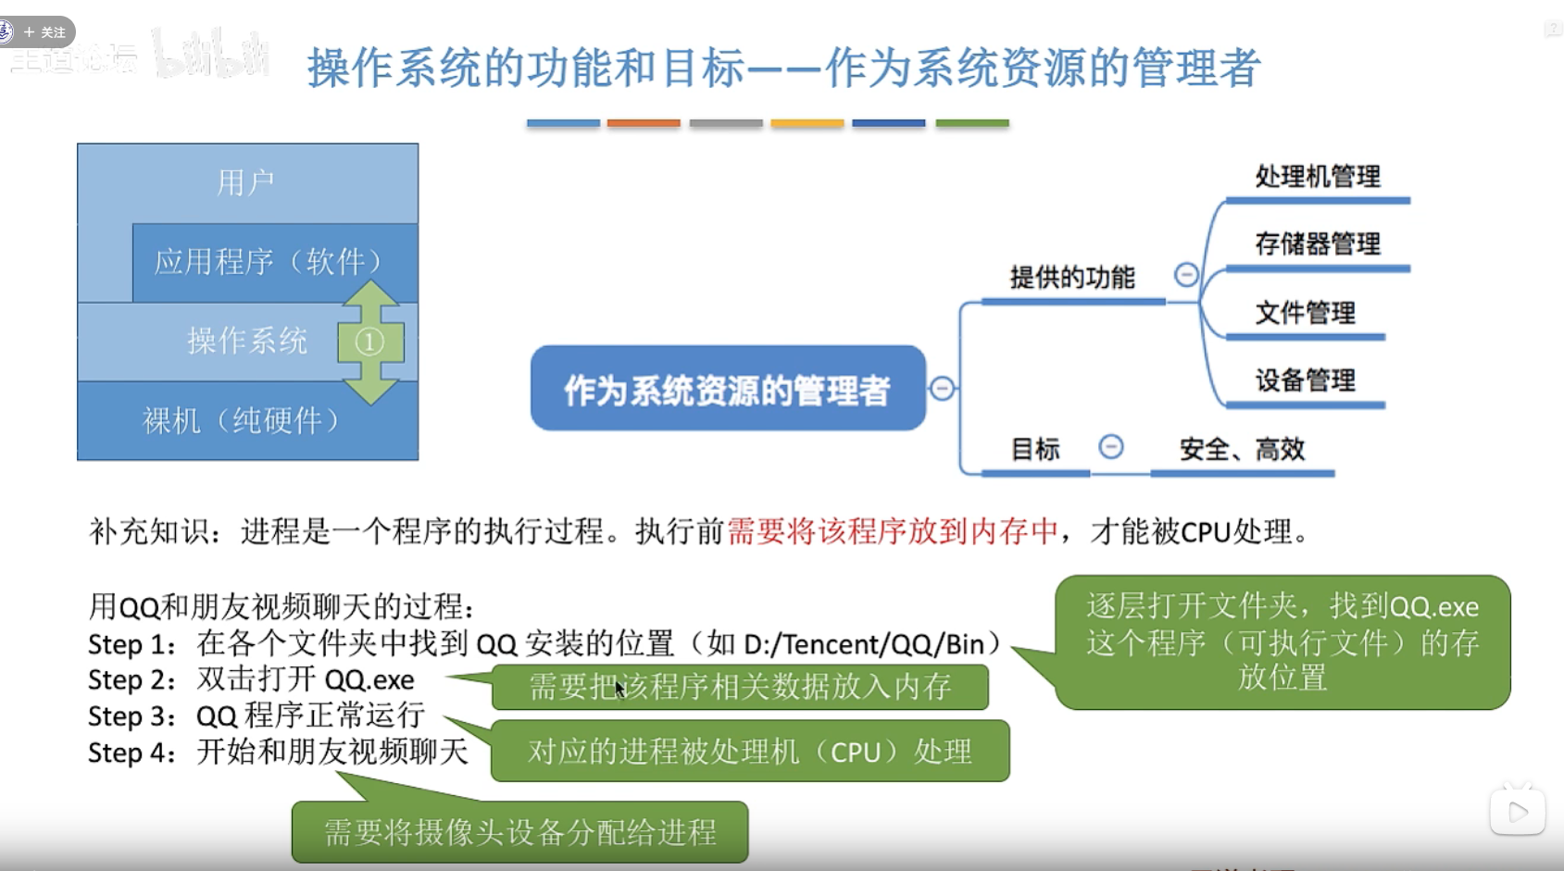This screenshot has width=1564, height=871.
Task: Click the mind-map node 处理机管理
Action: click(1317, 176)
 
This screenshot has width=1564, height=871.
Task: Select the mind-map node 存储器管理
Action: click(1317, 243)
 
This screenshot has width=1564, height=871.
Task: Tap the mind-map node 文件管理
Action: click(1305, 312)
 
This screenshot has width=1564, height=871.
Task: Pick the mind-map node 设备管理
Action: click(1305, 380)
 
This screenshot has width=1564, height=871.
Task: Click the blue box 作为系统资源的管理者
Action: click(727, 389)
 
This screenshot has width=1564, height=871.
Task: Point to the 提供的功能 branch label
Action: click(1071, 277)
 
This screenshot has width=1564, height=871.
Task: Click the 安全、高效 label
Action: click(1242, 450)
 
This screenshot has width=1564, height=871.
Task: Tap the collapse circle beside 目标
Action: click(1110, 447)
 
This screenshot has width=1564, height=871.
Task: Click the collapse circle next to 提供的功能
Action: click(1186, 274)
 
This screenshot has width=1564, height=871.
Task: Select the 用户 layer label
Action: click(245, 182)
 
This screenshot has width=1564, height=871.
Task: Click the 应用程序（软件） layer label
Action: click(269, 262)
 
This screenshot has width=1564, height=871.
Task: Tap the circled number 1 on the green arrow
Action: click(369, 342)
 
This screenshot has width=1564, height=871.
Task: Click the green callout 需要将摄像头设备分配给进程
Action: click(519, 832)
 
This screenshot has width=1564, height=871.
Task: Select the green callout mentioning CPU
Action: click(749, 752)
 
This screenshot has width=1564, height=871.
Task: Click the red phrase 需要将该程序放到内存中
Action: click(892, 531)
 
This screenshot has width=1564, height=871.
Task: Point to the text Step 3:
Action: click(131, 716)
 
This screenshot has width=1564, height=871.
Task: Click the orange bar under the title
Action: click(644, 123)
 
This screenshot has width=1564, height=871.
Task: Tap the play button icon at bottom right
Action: click(1517, 812)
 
